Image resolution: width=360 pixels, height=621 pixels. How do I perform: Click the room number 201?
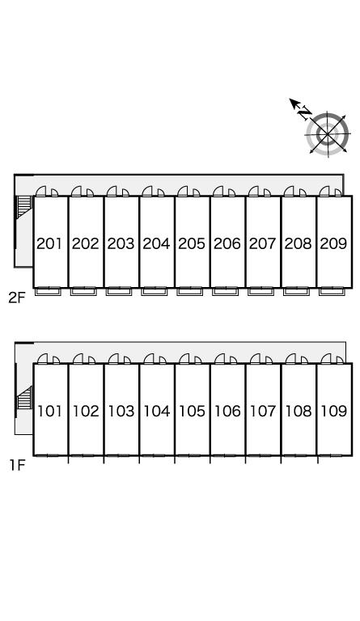point(49,243)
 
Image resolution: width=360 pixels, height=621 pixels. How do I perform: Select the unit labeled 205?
point(192,243)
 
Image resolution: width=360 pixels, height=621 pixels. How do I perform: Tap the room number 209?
point(333,243)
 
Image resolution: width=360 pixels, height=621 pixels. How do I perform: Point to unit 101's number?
point(50,411)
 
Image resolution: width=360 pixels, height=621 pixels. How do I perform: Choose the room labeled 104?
point(156,411)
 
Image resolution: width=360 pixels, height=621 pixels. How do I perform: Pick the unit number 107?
point(263,411)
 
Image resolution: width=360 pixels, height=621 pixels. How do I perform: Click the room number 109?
point(334,411)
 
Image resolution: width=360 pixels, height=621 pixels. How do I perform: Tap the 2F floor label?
point(17,298)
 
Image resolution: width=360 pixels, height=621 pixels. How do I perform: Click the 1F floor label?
point(18,466)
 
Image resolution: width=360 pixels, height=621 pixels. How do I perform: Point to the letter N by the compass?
point(304,113)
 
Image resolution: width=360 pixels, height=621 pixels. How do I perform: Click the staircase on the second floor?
point(23,208)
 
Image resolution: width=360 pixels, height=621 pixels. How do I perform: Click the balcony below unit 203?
point(119,292)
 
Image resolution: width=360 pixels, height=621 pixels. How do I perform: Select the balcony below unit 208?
point(296,292)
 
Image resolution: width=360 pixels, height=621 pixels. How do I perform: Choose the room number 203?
point(121,243)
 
